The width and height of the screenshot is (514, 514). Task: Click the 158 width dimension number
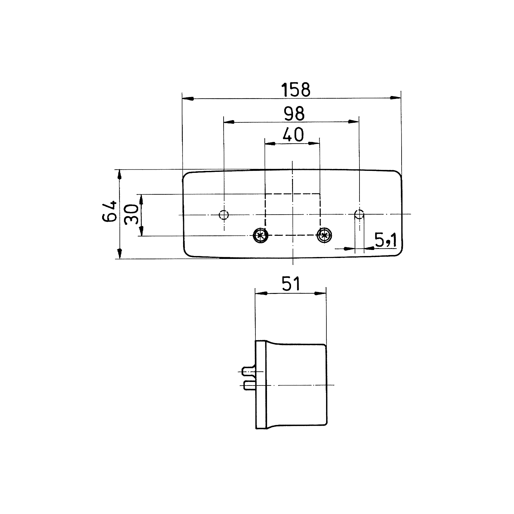pos(296,90)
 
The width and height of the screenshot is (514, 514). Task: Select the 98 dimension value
pos(294,113)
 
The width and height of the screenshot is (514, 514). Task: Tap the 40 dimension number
pos(293,135)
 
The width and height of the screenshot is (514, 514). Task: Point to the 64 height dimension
pos(109,211)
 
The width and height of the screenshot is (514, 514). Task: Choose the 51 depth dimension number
pos(291,284)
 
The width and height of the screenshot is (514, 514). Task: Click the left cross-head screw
pos(260,235)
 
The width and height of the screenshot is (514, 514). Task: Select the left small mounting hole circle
pos(223,214)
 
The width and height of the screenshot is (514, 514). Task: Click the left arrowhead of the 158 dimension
pos(188,98)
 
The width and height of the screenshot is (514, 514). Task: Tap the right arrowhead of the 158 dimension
pos(395,98)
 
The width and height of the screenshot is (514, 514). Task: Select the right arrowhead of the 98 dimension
pos(353,121)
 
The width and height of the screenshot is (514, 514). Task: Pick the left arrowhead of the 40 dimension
pos(270,144)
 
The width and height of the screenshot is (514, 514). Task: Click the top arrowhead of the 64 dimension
pos(120,175)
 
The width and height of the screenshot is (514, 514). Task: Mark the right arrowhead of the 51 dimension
pos(320,293)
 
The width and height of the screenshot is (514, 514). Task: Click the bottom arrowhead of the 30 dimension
pos(141,230)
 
